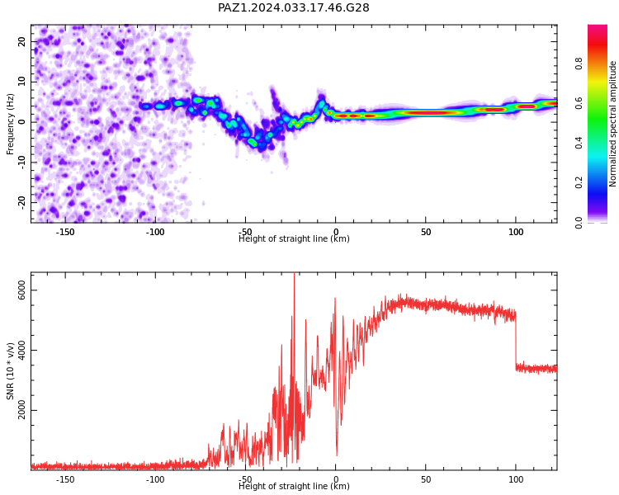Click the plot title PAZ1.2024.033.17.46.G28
[293, 7]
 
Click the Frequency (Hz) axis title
[10, 124]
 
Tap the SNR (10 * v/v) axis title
[10, 371]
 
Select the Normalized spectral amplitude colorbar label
[612, 124]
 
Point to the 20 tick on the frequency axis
[21, 41]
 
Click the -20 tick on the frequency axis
[21, 202]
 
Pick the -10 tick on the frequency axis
[21, 162]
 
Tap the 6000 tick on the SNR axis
[21, 290]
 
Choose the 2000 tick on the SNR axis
[21, 410]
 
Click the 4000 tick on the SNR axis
[21, 350]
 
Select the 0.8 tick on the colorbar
[579, 64]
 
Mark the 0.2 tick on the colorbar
[579, 182]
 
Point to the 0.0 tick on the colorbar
[579, 222]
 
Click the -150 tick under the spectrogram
[65, 232]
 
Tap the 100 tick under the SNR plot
[516, 479]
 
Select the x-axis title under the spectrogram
[294, 238]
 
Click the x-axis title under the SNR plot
[294, 486]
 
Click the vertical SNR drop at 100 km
[516, 340]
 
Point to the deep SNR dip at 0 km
[337, 454]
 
